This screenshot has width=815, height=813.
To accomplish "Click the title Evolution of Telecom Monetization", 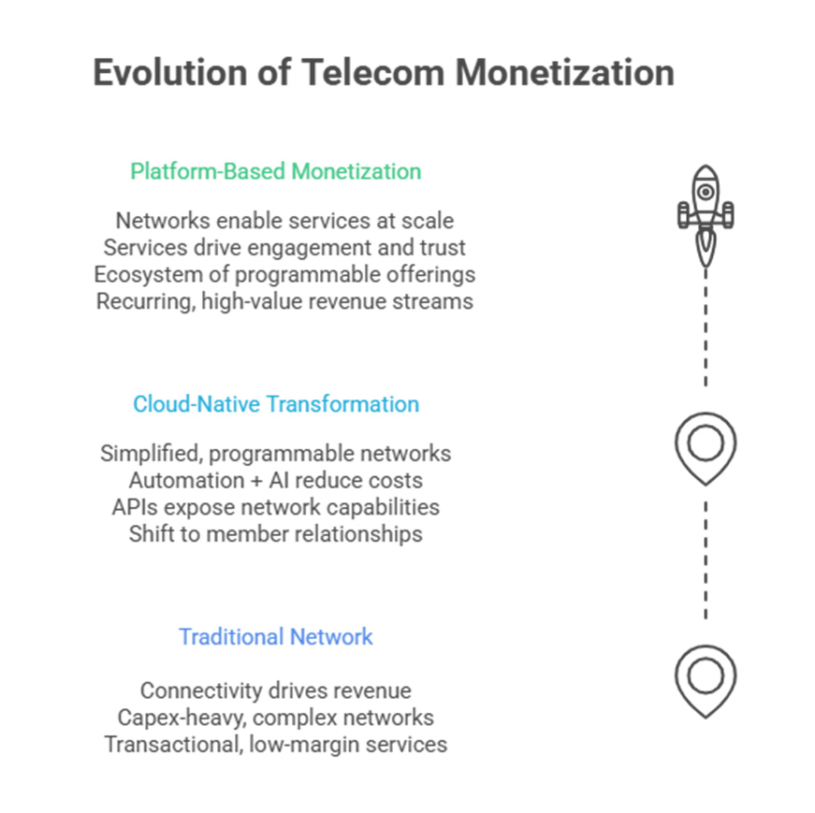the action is tap(383, 73).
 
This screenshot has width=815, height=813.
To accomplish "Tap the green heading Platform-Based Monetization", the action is tap(275, 171).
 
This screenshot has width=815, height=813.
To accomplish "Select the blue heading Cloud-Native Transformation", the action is tap(275, 404).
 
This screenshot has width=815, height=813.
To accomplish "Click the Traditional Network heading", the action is tap(275, 637).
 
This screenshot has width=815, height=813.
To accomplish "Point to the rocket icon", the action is tap(706, 212).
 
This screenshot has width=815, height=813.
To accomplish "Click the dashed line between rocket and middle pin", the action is tap(706, 327).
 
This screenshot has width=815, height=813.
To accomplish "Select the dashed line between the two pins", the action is tap(706, 561).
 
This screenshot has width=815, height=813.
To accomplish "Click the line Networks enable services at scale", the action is tap(284, 221).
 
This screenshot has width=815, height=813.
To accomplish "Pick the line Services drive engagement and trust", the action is tap(284, 248).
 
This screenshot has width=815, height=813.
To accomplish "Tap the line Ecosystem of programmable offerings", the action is tap(284, 274).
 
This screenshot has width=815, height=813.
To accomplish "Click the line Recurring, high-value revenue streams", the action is tap(284, 301).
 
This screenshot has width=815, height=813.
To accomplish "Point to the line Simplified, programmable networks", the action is tap(275, 454).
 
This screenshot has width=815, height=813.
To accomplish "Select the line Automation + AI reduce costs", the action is tap(275, 481).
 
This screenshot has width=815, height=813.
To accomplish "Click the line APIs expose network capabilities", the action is tap(275, 507).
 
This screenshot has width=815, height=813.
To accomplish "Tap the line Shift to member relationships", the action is tap(275, 534).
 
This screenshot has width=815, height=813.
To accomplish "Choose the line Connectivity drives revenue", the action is tap(275, 690).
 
